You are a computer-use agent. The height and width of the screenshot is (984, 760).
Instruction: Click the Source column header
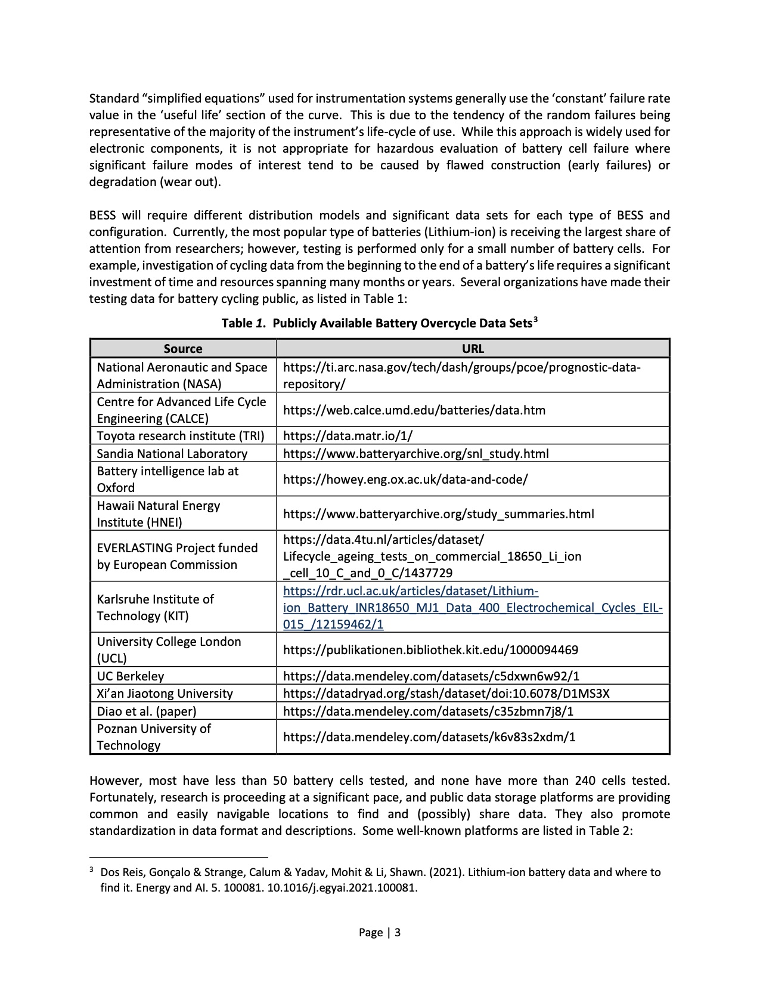point(183,349)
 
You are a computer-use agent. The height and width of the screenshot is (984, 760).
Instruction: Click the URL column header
point(473,349)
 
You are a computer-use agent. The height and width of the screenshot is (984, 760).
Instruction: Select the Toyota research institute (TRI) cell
point(181,436)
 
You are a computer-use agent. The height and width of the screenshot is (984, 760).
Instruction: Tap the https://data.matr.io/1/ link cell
point(348,436)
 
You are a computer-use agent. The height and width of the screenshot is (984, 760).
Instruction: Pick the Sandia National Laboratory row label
point(172,454)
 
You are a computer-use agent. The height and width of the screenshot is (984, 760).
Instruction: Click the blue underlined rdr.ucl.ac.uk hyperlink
point(473,608)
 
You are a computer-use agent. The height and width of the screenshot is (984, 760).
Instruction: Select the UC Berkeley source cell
point(131,676)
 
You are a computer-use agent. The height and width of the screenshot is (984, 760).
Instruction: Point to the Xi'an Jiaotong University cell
point(165,694)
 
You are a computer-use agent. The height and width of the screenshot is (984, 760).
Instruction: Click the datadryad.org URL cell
point(446,694)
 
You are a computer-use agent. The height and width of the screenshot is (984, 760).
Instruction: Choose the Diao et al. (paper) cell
point(147,711)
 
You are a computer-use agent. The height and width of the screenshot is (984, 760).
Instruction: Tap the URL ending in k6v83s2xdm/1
point(429,737)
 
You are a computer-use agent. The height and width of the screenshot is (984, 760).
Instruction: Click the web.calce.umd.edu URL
point(414,410)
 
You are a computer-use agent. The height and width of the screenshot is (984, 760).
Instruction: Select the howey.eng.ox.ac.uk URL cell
point(405,479)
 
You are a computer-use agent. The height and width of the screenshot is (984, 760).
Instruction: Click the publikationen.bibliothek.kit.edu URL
point(430,650)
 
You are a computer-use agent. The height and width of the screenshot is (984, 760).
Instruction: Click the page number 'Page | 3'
point(380,933)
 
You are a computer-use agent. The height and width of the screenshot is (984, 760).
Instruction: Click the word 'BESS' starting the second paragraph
point(103,215)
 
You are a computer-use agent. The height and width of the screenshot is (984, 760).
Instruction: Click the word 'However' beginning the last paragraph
point(113,781)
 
